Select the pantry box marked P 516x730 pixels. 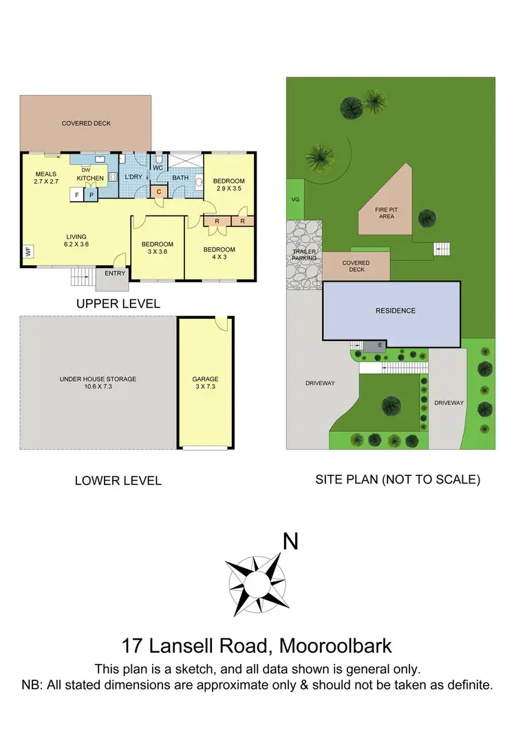pos(91,195)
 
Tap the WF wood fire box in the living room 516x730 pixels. pos(28,252)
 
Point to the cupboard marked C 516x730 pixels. pos(159,191)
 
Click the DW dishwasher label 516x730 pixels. pos(86,170)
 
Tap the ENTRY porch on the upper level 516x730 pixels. pos(115,273)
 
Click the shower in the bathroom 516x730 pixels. pos(186,162)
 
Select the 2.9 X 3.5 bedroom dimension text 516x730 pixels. pos(229,188)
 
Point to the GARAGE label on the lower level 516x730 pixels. pos(205,379)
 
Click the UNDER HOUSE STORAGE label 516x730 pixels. pos(98,379)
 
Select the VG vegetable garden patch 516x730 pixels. pos(296,199)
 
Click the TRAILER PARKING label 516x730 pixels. pos(304,255)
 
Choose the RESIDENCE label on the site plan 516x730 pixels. pos(395,311)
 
